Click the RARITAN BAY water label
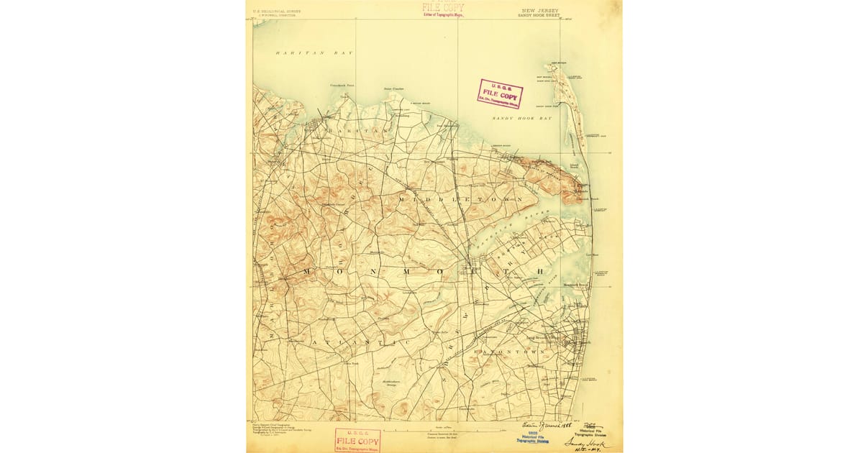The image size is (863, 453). tap(309, 53)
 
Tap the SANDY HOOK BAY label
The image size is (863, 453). tap(522, 117)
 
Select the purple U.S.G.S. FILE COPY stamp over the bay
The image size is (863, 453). tap(500, 93)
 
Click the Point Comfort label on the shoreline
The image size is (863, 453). tap(393, 89)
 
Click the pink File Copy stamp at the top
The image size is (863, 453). tap(443, 9)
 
